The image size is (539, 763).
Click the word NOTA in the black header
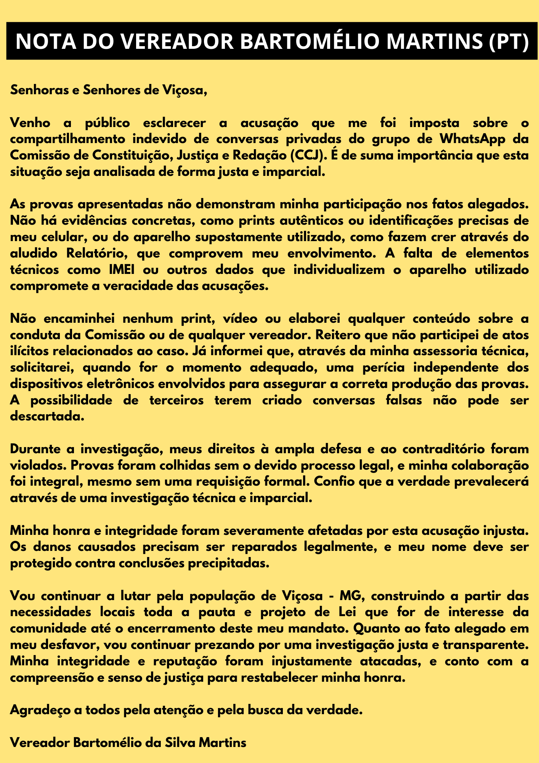click(x=42, y=42)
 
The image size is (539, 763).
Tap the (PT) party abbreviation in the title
click(x=507, y=42)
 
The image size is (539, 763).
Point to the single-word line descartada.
click(x=47, y=416)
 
